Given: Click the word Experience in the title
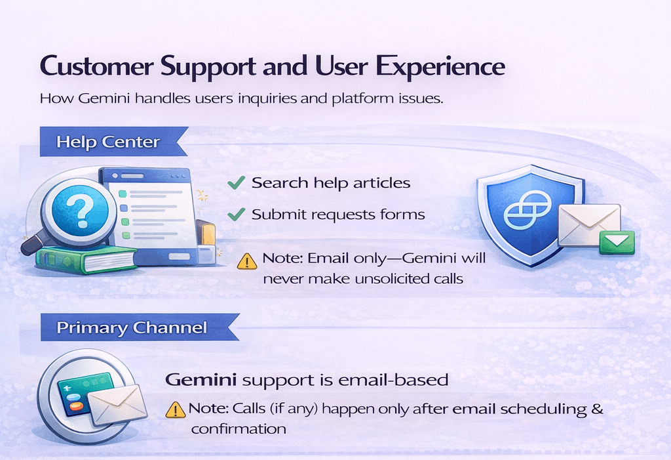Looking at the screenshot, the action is [440, 67].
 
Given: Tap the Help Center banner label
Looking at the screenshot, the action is [108, 142].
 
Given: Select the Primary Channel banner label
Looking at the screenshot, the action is [132, 328].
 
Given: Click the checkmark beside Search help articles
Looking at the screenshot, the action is [236, 182].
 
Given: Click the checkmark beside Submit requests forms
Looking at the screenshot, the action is [236, 214].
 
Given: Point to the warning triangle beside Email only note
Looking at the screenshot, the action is [247, 261].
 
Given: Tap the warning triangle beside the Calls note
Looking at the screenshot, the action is [176, 409].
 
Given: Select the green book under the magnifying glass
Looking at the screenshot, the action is [86, 259].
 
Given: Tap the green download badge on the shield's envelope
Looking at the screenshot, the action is [617, 241].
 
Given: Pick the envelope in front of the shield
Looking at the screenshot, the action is [589, 224].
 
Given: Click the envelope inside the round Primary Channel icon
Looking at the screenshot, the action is [117, 405].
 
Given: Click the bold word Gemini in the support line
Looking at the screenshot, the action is [201, 380].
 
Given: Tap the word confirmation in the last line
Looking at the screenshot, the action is [239, 429].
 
